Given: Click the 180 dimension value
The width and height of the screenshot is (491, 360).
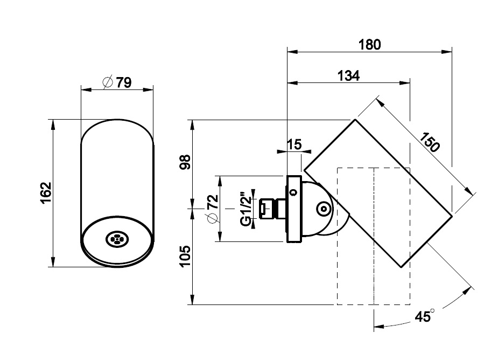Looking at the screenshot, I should [369, 44].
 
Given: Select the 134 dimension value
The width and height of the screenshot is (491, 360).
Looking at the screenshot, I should [348, 76].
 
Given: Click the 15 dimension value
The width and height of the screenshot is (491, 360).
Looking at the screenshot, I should [294, 144].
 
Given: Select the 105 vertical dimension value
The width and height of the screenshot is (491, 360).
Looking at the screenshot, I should [185, 257].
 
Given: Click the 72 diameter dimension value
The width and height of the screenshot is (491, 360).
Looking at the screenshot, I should [212, 202].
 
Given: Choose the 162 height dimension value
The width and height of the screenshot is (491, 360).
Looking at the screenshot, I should [45, 193].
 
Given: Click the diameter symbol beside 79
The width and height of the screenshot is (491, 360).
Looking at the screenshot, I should [108, 82].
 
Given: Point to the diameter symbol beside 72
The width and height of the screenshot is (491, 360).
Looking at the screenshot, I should [212, 218].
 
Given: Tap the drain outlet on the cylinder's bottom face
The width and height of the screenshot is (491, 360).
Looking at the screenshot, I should [116, 239].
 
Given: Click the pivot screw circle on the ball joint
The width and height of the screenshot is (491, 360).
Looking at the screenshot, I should [323, 208].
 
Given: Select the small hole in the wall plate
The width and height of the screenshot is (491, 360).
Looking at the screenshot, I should [293, 191].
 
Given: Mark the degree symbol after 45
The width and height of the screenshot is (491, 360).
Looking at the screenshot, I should [432, 311].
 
